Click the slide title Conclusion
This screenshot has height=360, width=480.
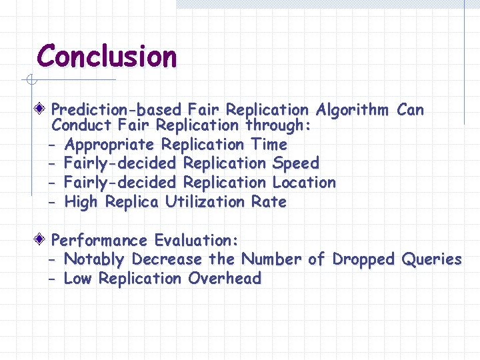[107, 56]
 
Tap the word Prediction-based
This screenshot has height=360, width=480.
[117, 109]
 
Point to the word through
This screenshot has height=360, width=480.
[277, 125]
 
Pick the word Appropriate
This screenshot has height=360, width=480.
[109, 145]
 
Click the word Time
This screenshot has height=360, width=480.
[269, 144]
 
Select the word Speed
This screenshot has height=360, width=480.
[295, 163]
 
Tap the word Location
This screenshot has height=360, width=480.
[304, 182]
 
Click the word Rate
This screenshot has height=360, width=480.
[269, 201]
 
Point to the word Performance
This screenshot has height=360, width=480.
[99, 240]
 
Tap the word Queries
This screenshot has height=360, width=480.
[432, 259]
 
